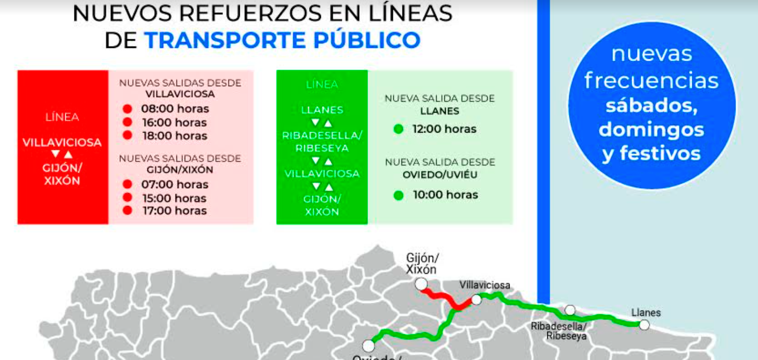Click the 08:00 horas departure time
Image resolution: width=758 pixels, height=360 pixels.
[175, 109]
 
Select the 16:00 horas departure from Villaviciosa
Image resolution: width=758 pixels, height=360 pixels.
[174, 122]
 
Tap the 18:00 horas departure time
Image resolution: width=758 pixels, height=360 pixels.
[174, 136]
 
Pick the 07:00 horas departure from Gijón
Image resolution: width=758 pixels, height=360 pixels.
[174, 184]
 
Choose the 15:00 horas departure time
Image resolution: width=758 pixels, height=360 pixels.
[174, 198]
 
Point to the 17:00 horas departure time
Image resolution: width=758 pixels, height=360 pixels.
[174, 211]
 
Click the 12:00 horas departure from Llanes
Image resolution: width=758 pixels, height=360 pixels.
[444, 129]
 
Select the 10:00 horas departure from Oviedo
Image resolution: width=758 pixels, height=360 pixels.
[445, 195]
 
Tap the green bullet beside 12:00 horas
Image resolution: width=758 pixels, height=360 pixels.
[398, 129]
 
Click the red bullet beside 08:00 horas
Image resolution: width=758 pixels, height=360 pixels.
[128, 109]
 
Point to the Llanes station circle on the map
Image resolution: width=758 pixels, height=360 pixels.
[644, 325]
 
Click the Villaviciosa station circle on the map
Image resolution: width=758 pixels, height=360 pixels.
[476, 299]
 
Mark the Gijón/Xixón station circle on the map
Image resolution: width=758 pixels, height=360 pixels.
[421, 284]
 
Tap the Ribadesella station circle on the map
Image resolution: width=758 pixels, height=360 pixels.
[570, 310]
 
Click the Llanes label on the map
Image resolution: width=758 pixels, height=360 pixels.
[646, 313]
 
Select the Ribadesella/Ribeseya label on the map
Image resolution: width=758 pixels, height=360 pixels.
[559, 331]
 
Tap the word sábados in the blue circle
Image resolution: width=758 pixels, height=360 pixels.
[651, 105]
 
